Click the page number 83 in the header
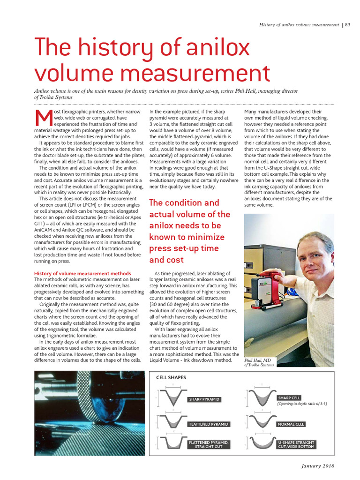(347, 25)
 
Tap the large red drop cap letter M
(44, 119)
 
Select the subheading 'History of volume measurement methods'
(82, 273)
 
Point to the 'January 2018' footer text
(317, 465)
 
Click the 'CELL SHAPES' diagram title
(171, 377)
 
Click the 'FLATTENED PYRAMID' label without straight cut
(208, 424)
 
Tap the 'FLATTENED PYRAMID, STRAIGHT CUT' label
(209, 444)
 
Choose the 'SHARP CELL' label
(289, 397)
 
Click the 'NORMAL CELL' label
(291, 424)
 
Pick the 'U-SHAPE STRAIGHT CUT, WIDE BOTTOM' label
(296, 444)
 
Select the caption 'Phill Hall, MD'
(258, 360)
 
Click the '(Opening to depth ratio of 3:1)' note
(302, 403)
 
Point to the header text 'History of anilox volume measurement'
(299, 25)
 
